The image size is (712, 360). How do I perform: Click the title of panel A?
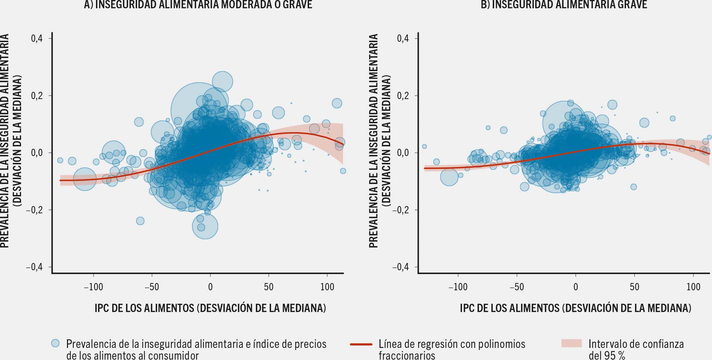coord(198,4)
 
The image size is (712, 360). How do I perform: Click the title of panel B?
coord(564,4)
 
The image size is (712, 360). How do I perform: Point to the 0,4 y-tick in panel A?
coord(37,38)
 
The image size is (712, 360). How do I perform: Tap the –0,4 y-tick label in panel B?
coord(400,267)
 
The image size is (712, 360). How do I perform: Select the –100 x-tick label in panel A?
coord(94,287)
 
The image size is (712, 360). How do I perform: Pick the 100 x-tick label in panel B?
coord(693,287)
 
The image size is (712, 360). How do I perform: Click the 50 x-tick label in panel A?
coord(269,287)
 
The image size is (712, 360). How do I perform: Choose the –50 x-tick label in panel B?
coord(517,287)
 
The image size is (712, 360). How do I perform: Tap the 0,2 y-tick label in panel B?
coord(403,96)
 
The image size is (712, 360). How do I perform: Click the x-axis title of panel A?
coord(210,308)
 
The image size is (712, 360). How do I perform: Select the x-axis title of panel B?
coord(576,308)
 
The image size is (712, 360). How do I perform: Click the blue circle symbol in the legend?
coord(55,343)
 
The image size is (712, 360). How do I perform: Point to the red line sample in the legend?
coord(361,344)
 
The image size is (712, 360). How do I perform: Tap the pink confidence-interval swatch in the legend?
coord(571,343)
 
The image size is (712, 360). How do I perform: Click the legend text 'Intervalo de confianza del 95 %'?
coord(636,349)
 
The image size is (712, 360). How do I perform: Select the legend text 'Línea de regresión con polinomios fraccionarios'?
coord(452,349)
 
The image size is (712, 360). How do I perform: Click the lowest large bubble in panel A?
coord(205,226)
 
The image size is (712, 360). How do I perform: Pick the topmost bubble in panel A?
coord(222,82)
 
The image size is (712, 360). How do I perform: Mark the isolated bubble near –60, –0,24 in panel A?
coord(140,221)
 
